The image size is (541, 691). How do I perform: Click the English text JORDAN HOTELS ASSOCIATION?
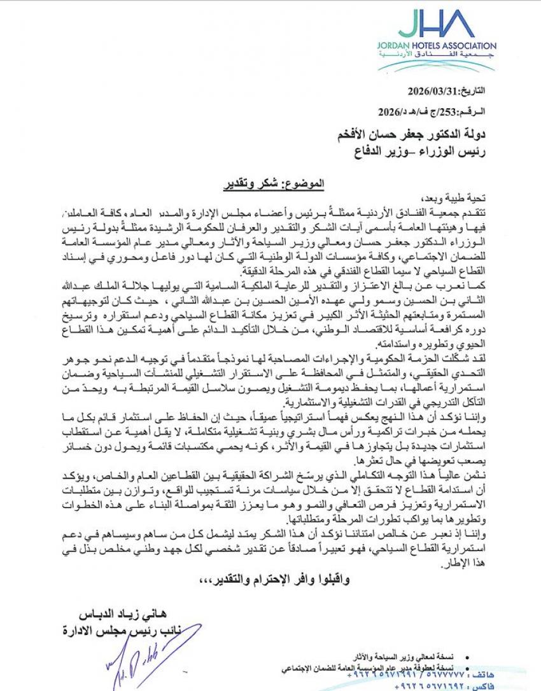444,46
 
